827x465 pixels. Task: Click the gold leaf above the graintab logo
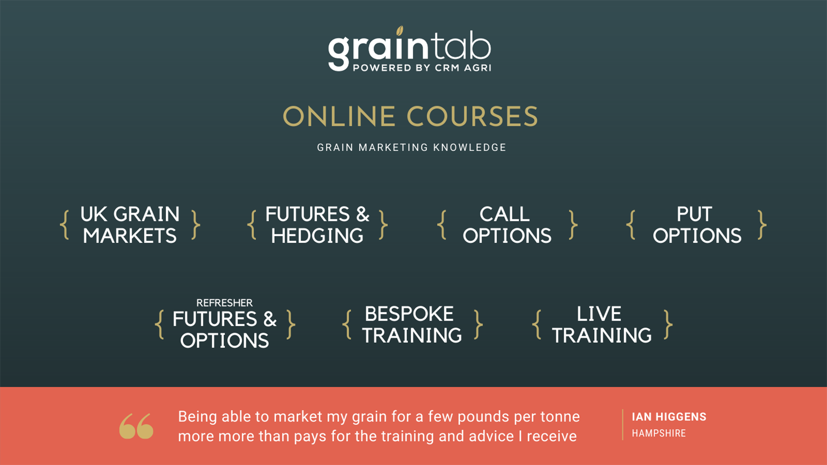(x=399, y=31)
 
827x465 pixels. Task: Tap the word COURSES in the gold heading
(x=472, y=116)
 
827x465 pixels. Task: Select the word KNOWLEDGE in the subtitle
(x=469, y=147)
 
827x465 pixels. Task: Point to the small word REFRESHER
(x=224, y=303)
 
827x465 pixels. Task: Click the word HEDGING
(x=317, y=235)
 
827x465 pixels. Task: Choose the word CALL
(x=504, y=214)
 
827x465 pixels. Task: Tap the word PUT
(x=695, y=214)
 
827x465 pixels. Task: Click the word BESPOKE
(x=409, y=314)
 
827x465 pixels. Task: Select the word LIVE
(x=599, y=314)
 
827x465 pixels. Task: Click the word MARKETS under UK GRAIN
(x=129, y=235)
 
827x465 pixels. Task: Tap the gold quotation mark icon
(x=136, y=426)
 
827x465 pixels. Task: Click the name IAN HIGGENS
(x=669, y=417)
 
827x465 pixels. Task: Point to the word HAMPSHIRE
(x=659, y=433)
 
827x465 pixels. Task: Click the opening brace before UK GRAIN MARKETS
(x=65, y=225)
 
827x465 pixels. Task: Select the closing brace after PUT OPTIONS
(x=762, y=225)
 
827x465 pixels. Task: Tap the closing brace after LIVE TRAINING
(x=668, y=324)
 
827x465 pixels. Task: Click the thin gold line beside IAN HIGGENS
(x=623, y=425)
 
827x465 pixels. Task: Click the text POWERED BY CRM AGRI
(x=422, y=68)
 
